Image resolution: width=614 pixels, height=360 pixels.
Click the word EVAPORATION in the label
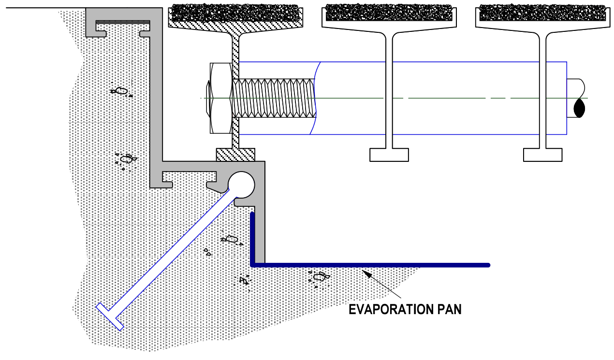[390, 310]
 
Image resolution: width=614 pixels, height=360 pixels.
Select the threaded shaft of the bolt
[274, 98]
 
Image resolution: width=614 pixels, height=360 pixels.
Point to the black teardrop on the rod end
[579, 109]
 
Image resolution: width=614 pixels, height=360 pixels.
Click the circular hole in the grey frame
[241, 185]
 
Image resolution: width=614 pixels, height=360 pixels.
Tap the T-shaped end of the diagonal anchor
[110, 317]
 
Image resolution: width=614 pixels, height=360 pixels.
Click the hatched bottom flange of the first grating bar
[235, 155]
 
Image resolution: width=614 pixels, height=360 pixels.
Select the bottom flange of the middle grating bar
[389, 155]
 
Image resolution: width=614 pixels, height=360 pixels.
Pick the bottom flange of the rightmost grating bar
[543, 155]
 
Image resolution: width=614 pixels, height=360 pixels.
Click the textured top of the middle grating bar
[389, 13]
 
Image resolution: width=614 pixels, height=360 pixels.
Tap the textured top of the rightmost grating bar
[542, 13]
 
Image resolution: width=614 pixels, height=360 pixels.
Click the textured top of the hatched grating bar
[235, 13]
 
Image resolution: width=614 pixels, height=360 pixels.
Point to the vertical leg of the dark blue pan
[253, 238]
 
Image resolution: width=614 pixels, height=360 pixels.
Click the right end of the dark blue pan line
[488, 265]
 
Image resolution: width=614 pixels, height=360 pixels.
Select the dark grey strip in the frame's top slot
[123, 22]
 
